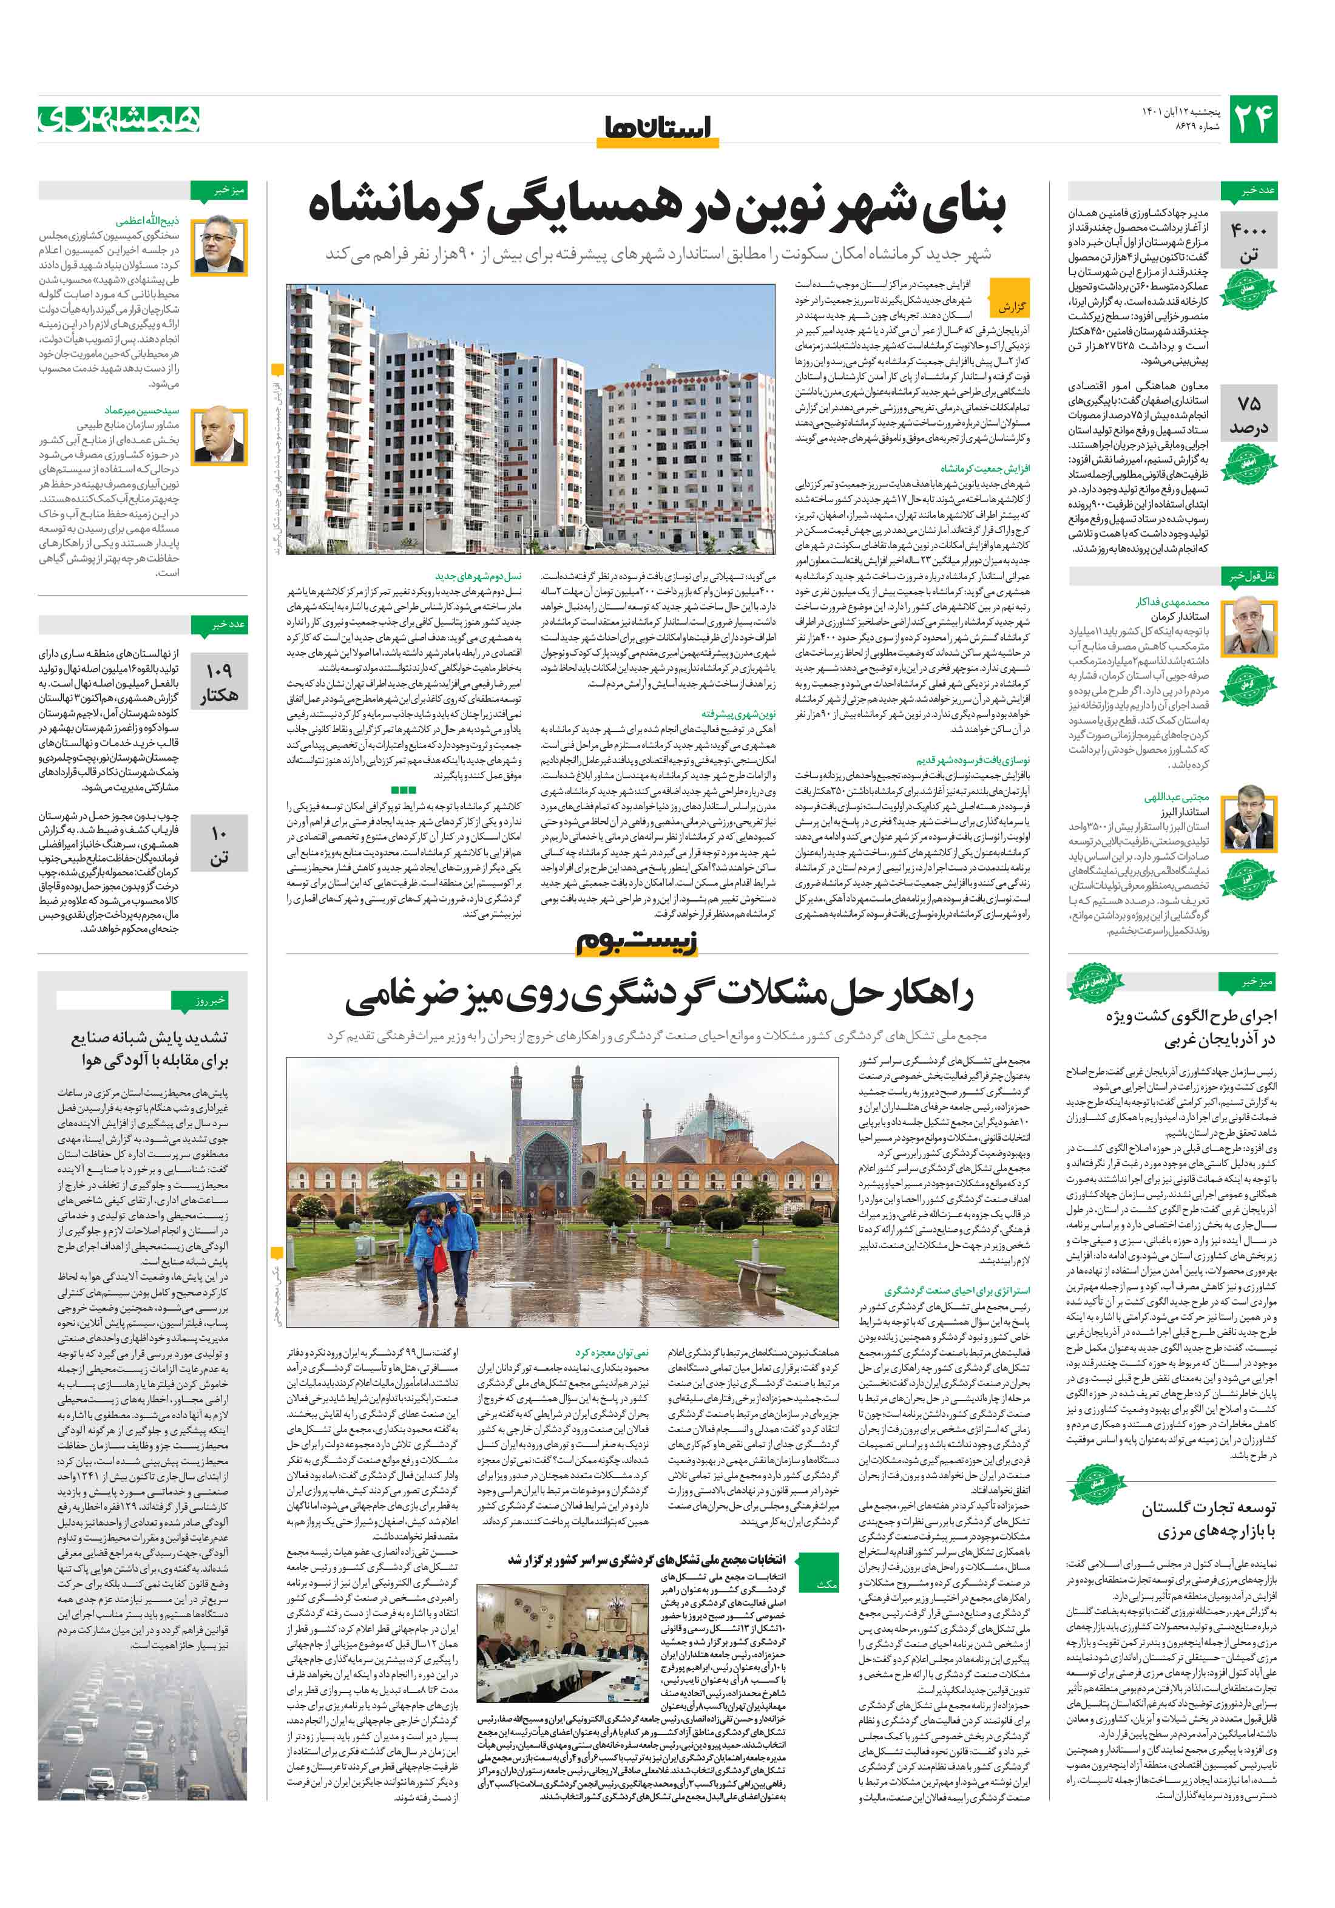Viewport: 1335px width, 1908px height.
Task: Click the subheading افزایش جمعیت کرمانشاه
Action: tap(984, 468)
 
